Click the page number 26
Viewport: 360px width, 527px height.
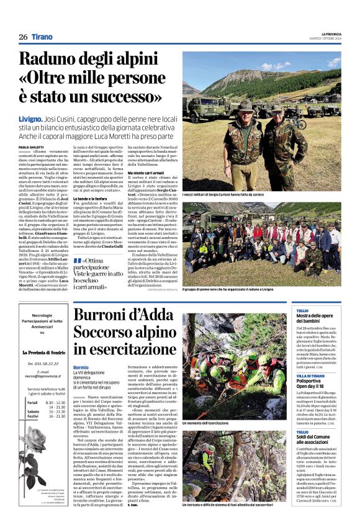click(x=23, y=37)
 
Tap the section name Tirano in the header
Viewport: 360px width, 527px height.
click(x=42, y=37)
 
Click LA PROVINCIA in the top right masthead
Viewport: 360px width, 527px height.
click(x=329, y=34)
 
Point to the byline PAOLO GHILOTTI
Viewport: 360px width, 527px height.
click(x=33, y=129)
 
